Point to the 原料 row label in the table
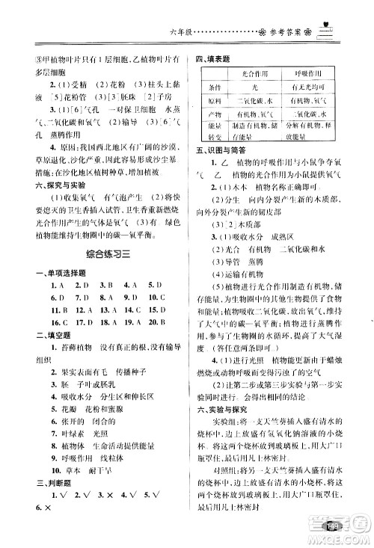click(x=216, y=99)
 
